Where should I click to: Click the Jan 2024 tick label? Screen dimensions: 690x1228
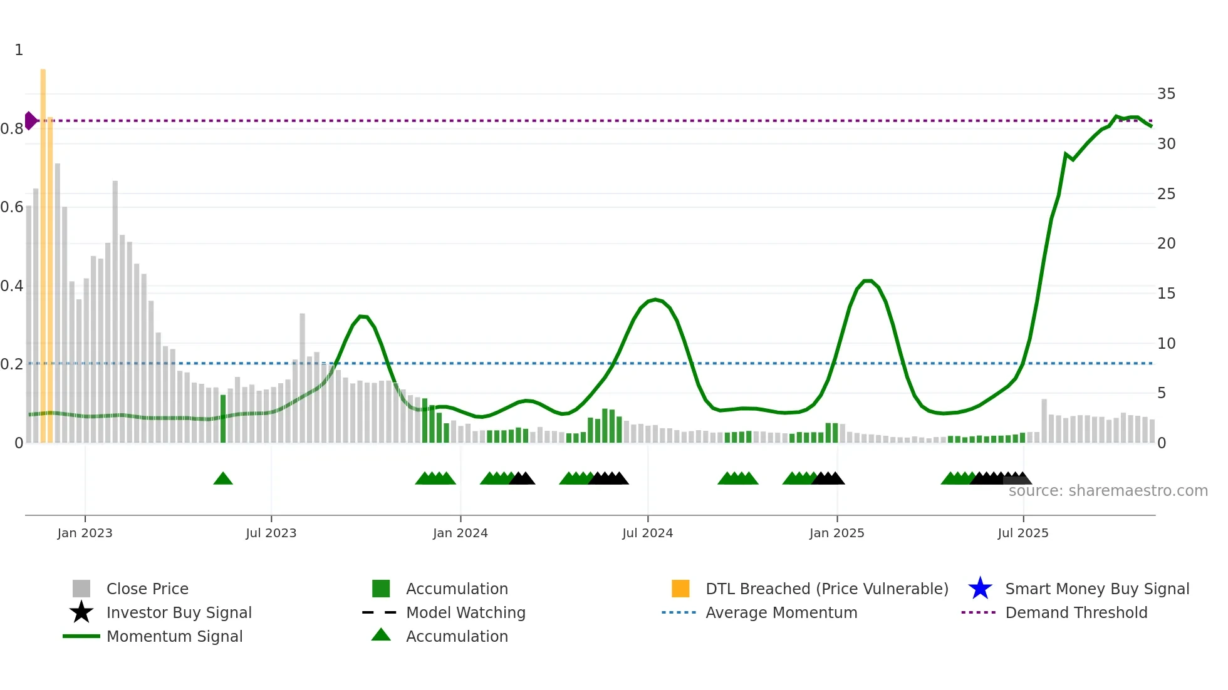click(460, 533)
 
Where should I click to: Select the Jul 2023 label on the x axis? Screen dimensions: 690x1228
click(271, 533)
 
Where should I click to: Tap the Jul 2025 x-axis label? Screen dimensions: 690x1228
click(1022, 533)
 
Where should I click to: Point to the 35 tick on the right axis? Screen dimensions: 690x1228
click(1166, 94)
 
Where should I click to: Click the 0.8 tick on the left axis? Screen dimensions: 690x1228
click(12, 129)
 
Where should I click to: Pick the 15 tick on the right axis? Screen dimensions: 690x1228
click(1166, 293)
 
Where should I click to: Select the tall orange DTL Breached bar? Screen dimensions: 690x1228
click(43, 250)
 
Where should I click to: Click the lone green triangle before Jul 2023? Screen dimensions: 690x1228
click(223, 478)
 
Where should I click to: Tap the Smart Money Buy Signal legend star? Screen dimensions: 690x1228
click(980, 589)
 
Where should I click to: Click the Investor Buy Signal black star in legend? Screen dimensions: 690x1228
click(81, 612)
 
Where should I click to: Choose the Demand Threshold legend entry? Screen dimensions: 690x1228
click(1076, 612)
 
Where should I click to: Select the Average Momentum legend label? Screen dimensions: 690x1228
click(781, 612)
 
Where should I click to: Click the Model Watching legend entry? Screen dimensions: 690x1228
click(465, 612)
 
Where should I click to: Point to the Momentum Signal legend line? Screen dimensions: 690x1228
click(81, 636)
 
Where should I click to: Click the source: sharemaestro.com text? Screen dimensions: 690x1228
click(1108, 491)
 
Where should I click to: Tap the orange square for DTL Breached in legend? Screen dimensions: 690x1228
click(680, 589)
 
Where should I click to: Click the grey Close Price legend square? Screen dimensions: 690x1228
click(81, 589)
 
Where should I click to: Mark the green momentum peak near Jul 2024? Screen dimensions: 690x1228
click(655, 299)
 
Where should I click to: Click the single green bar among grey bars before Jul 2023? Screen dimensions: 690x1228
click(223, 418)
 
